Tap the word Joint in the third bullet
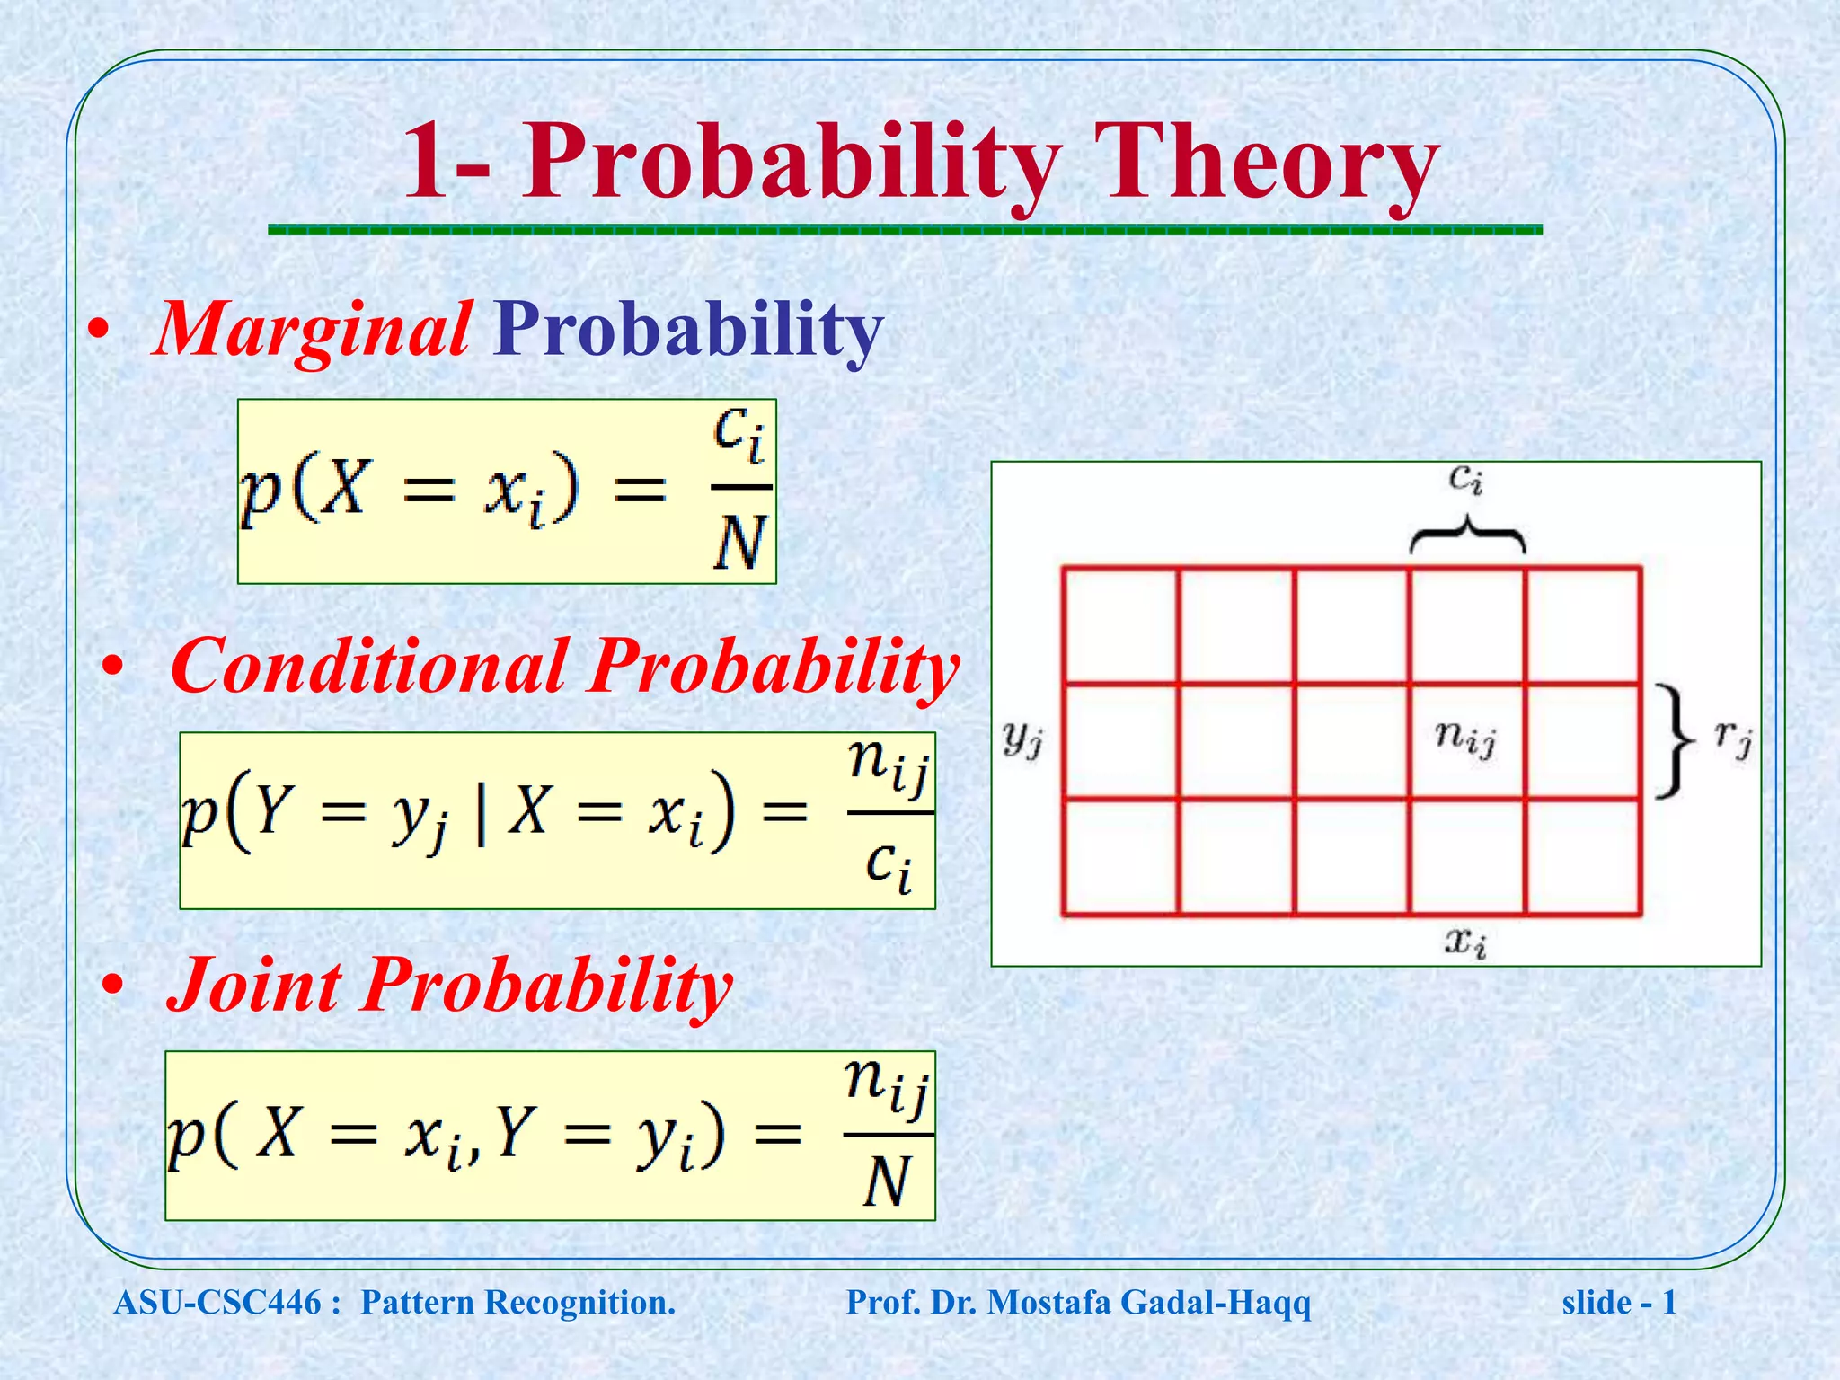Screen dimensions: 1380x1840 (x=256, y=986)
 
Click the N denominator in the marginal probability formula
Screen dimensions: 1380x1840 (x=741, y=544)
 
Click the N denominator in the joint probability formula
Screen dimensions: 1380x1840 (x=887, y=1181)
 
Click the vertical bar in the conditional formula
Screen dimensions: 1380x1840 (x=482, y=814)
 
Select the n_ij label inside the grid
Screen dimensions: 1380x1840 (x=1464, y=739)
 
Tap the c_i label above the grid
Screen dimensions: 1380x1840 (x=1465, y=480)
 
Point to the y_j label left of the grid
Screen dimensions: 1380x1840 (x=1022, y=739)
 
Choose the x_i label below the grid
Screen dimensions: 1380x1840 (x=1465, y=942)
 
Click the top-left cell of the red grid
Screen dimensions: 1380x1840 (x=1120, y=625)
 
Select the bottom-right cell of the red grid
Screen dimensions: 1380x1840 (x=1583, y=856)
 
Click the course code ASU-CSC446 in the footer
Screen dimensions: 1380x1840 (x=217, y=1303)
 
